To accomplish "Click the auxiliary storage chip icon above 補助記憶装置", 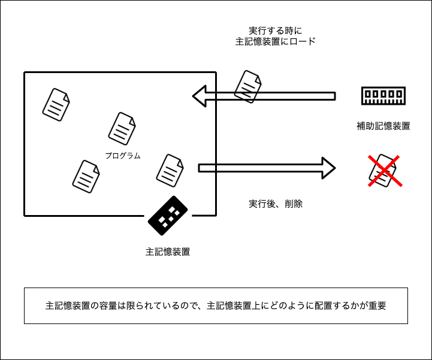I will pyautogui.click(x=382, y=96).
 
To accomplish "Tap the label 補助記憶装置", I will pyautogui.click(x=383, y=126).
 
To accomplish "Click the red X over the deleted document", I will pyautogui.click(x=383, y=171).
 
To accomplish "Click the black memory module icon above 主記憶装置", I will pyautogui.click(x=168, y=216).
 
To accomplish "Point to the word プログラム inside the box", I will pyautogui.click(x=123, y=156).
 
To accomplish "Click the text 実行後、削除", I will pyautogui.click(x=276, y=204).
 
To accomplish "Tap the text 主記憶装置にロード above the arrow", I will pyautogui.click(x=276, y=42).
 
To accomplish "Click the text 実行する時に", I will pyautogui.click(x=276, y=30).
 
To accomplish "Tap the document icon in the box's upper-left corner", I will pyautogui.click(x=56, y=104).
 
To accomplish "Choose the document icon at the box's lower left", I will pyautogui.click(x=86, y=176).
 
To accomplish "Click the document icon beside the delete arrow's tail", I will pyautogui.click(x=170, y=170).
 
